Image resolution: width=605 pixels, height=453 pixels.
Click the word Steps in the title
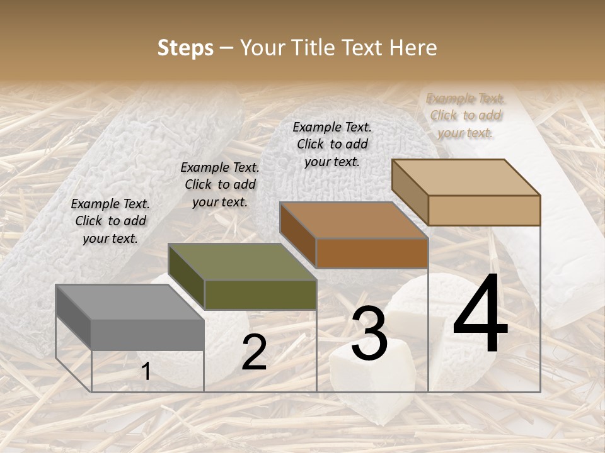[185, 48]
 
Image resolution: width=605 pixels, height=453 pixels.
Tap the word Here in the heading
[413, 48]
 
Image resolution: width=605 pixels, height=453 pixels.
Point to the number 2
[254, 352]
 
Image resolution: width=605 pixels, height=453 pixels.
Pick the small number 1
[146, 371]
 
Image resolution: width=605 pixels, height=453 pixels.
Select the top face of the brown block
[353, 220]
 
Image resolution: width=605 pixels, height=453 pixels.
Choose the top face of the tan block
[465, 177]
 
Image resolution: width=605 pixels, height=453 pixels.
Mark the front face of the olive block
[260, 294]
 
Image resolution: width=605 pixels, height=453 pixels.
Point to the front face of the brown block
[372, 253]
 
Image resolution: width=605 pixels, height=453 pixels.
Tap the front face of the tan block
[484, 210]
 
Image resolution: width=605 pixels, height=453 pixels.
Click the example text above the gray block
[110, 221]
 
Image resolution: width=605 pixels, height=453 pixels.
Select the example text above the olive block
[220, 184]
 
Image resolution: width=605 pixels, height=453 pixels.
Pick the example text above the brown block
[332, 144]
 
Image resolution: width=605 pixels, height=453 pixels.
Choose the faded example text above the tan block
[465, 115]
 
